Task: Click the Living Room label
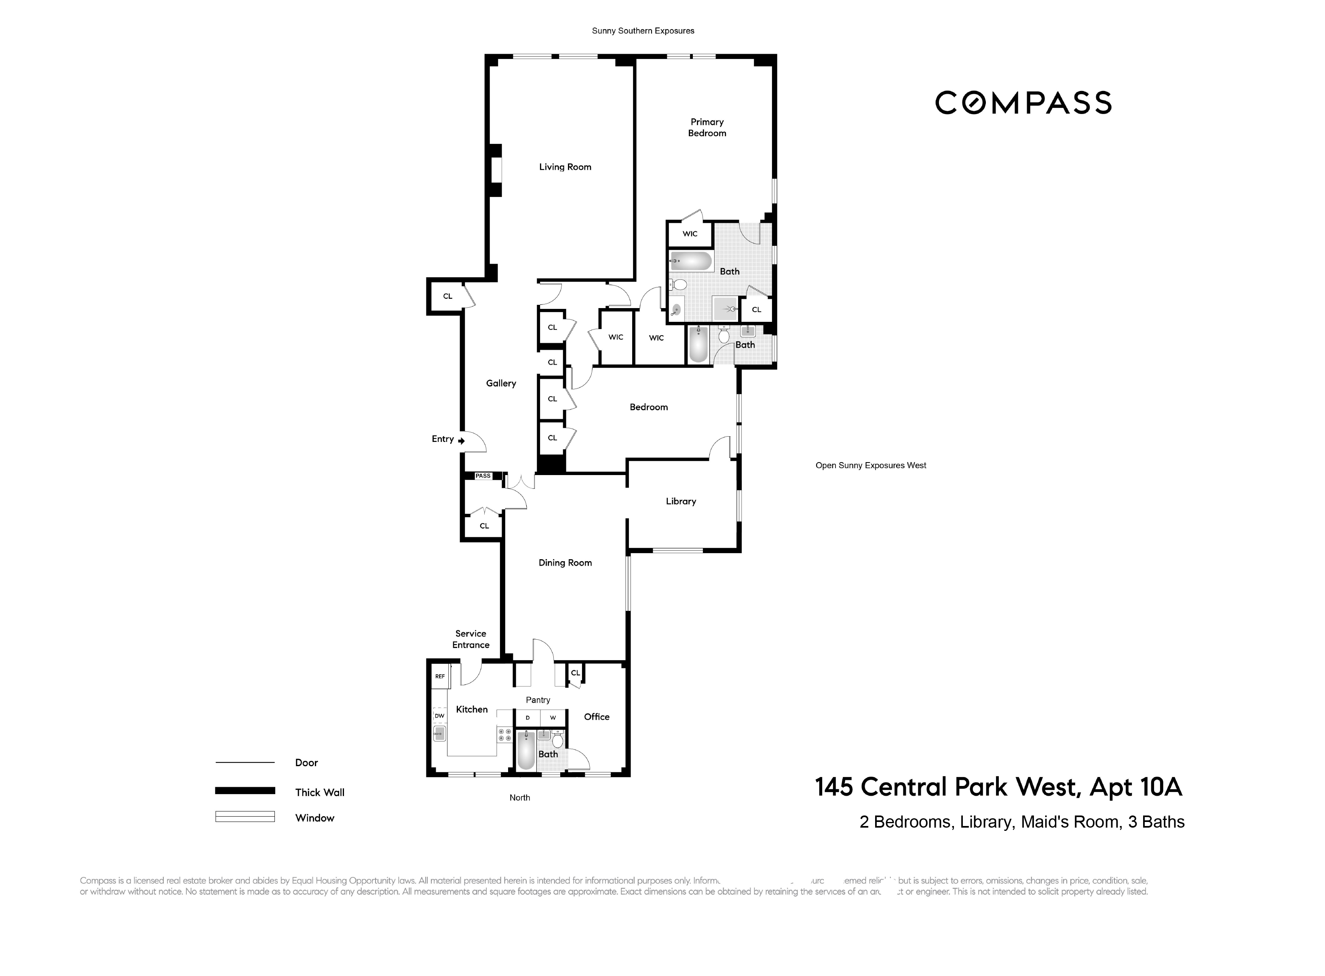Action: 565,167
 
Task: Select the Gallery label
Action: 501,383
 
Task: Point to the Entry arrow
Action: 461,441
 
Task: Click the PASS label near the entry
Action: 483,475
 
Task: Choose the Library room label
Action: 681,501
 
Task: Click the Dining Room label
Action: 565,562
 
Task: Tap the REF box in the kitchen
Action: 439,676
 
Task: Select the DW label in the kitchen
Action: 439,716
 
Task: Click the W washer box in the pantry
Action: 553,718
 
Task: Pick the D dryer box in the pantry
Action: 527,718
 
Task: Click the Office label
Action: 597,717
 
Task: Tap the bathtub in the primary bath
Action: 691,260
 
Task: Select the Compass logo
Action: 1023,103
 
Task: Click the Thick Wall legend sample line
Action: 245,790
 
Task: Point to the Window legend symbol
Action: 245,816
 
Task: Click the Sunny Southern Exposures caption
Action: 643,31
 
